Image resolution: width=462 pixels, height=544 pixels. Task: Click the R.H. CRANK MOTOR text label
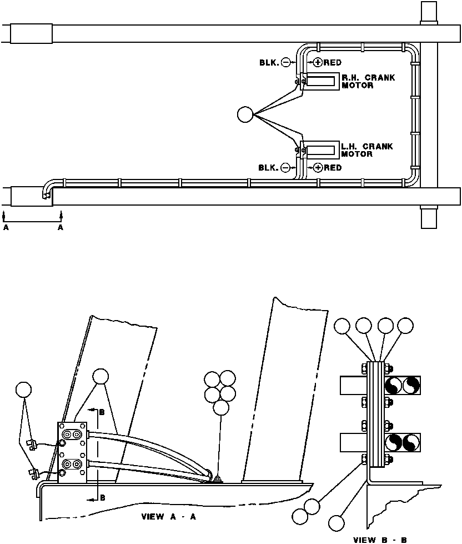tap(368, 82)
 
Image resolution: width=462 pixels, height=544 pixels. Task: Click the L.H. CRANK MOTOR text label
tap(367, 150)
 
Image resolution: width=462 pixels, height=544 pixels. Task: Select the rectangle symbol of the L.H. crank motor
tap(321, 150)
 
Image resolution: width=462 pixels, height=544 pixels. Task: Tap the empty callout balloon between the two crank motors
tap(244, 115)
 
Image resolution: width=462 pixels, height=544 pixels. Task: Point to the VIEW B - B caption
tap(380, 539)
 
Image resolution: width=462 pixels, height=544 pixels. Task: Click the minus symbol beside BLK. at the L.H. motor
tap(285, 167)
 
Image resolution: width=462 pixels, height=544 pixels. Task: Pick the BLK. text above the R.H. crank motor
tap(269, 63)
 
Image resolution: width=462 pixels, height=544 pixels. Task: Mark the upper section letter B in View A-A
tap(102, 412)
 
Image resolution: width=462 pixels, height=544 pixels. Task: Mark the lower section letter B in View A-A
tap(102, 498)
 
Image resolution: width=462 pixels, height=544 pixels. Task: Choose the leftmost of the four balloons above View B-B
tap(343, 326)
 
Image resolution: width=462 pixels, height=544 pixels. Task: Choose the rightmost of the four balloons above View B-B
tap(406, 326)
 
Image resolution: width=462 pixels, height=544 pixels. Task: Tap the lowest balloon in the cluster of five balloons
tap(220, 408)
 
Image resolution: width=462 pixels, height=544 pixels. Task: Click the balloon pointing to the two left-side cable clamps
tap(23, 390)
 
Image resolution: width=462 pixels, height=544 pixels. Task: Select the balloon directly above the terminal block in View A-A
tap(101, 376)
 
